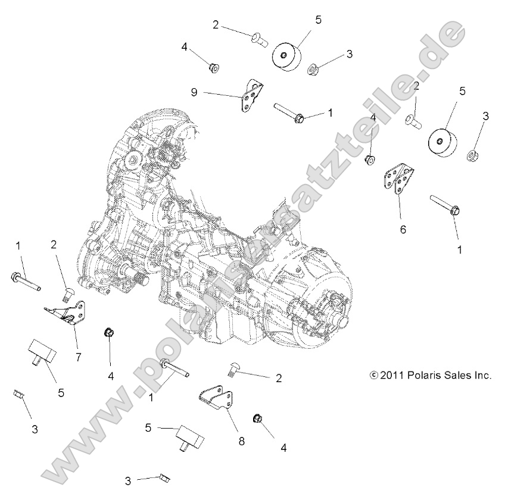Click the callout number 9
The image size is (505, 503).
[x=194, y=92]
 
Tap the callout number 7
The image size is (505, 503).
[x=78, y=357]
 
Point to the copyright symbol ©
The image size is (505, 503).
[x=374, y=376]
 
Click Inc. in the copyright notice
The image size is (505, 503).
[x=482, y=376]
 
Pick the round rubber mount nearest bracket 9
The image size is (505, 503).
[x=288, y=57]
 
